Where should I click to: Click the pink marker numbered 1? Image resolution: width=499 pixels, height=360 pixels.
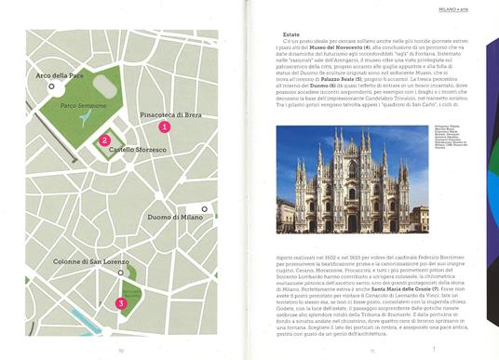pos(164,126)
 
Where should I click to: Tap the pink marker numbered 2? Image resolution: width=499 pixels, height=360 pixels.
pos(104,141)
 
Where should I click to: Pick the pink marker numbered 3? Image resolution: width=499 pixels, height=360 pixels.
pos(119,302)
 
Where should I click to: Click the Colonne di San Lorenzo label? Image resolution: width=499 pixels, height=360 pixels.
pos(90,263)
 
